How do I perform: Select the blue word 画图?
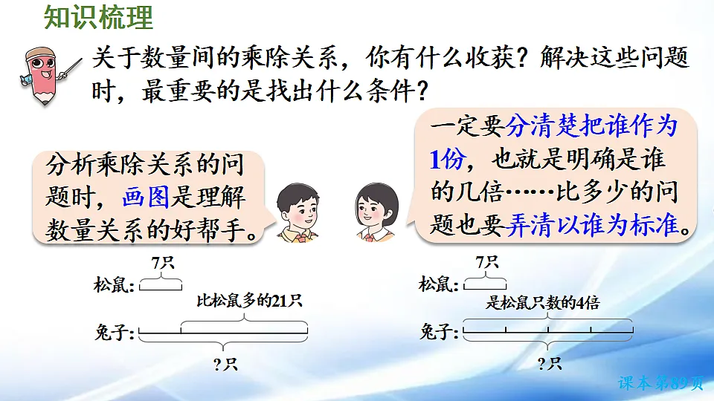146,198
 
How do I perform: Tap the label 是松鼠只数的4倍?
542,302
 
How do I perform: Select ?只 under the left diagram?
222,363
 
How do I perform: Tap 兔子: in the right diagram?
440,331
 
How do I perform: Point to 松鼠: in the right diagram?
440,284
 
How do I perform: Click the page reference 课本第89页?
660,383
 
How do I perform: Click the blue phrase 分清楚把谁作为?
591,127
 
